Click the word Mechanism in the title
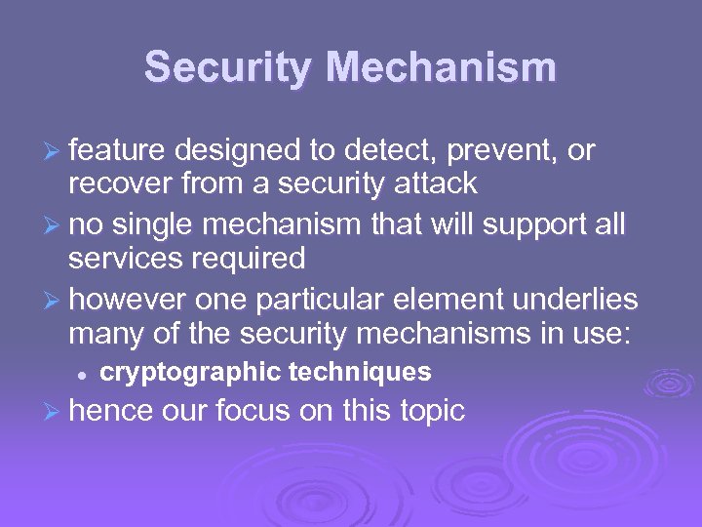click(442, 68)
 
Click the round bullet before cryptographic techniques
click(85, 373)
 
